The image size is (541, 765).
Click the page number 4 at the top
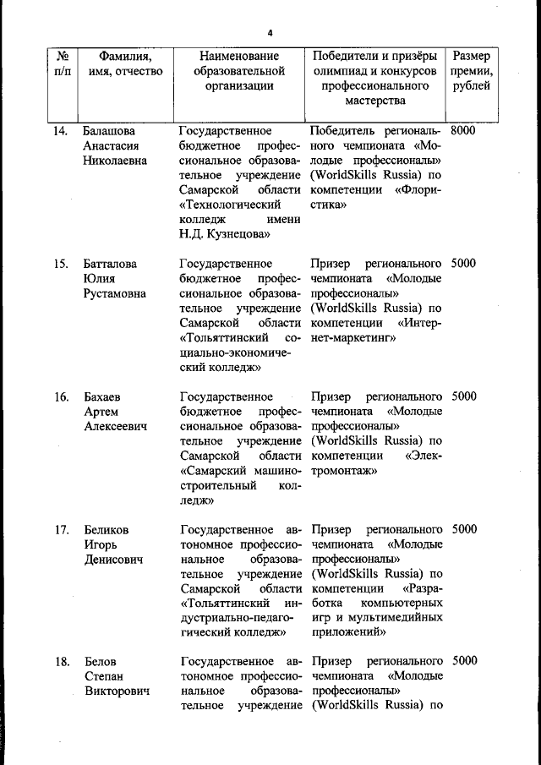(x=270, y=33)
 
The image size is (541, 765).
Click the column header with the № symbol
(x=62, y=56)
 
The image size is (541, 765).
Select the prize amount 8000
(x=463, y=131)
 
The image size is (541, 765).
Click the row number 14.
(x=61, y=131)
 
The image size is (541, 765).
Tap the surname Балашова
(x=109, y=131)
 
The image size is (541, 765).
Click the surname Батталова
(x=110, y=264)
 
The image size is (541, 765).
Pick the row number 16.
(x=61, y=396)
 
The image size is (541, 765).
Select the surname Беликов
(x=107, y=530)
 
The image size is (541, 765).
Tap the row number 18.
(x=61, y=662)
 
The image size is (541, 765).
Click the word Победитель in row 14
(x=347, y=131)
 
